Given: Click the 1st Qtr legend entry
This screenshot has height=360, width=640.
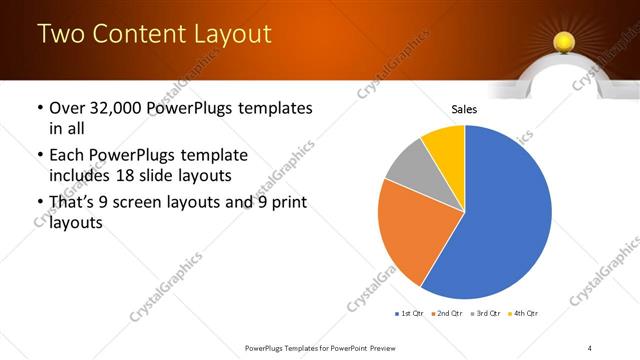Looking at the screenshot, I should click(410, 314).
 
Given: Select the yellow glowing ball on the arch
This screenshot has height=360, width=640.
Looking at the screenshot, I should click(563, 42).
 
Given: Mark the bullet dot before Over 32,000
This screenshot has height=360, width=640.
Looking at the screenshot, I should click(39, 108).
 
